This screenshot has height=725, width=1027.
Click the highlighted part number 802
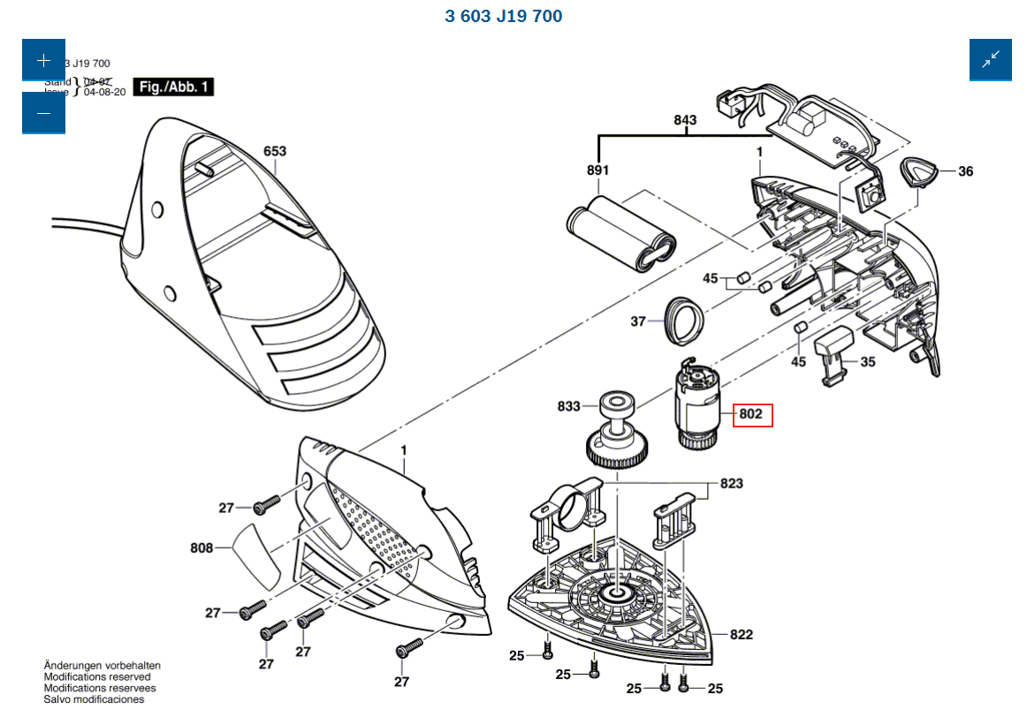pos(751,414)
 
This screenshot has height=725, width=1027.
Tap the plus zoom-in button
pos(44,60)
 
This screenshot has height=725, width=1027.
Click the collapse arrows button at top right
pos(990,60)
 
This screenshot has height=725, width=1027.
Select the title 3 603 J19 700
pos(503,16)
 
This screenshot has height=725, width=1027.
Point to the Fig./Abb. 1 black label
pos(173,87)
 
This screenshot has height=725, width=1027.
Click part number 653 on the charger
pos(275,151)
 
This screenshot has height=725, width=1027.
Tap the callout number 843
pos(685,120)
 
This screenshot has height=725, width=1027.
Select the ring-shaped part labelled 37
pos(683,320)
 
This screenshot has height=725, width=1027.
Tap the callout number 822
pos(741,635)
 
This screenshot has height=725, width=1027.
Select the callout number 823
pos(731,483)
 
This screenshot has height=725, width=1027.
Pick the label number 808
pos(202,548)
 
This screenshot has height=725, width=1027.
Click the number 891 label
pos(597,170)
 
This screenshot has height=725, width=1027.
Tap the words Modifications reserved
pos(97,676)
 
